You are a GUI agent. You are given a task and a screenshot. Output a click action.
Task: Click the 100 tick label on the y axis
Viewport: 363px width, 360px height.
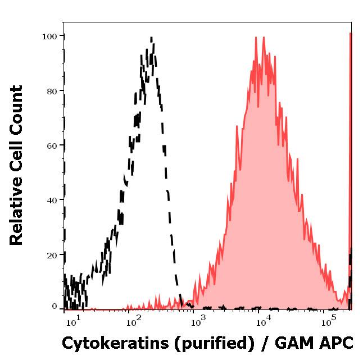(x=50, y=37)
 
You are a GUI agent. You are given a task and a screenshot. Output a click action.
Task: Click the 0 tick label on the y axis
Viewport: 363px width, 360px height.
(x=55, y=307)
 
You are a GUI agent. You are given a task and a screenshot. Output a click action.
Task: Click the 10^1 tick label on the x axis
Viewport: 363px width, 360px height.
(x=73, y=322)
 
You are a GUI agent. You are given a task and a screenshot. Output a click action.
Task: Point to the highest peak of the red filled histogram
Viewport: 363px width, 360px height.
(x=256, y=38)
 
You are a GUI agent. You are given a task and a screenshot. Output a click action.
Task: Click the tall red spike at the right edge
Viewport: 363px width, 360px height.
(x=351, y=168)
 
